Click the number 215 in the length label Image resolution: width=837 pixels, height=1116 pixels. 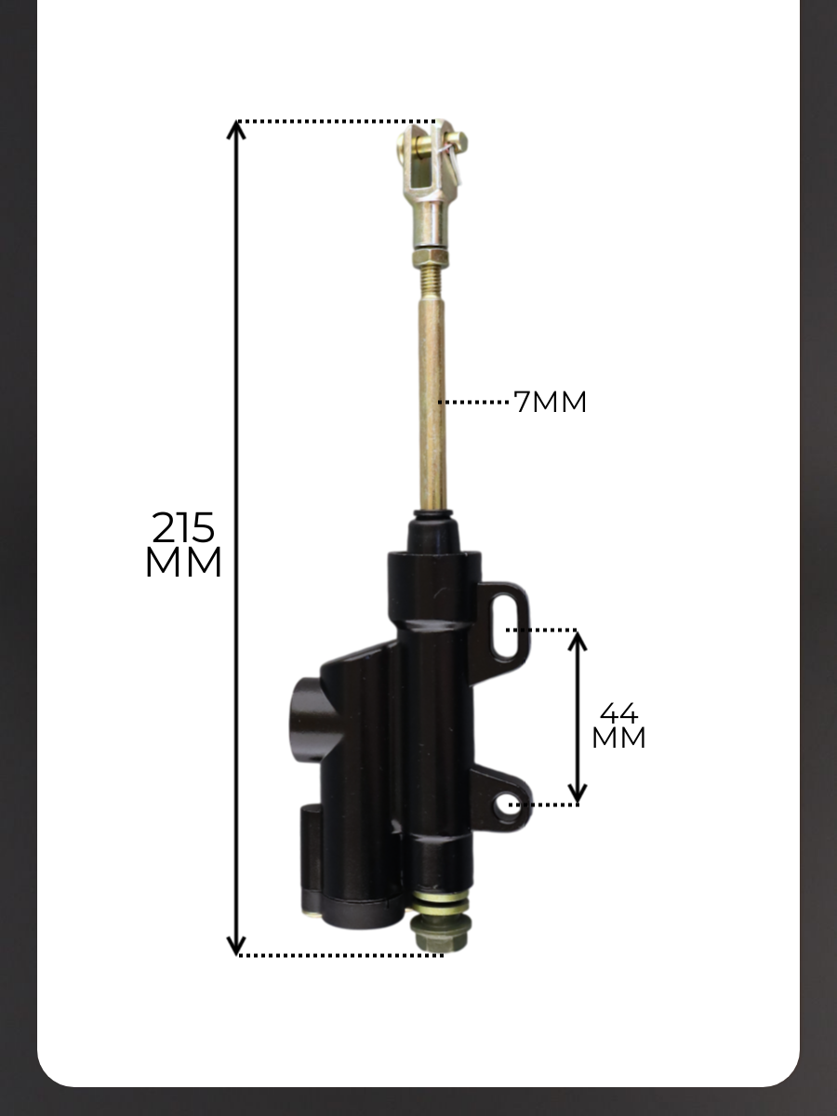pyautogui.click(x=183, y=527)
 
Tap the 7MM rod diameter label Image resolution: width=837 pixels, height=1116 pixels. pyautogui.click(x=550, y=402)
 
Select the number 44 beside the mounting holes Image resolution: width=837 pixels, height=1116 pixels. pyautogui.click(x=618, y=713)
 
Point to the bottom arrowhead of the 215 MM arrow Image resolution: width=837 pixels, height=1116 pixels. pyautogui.click(x=236, y=946)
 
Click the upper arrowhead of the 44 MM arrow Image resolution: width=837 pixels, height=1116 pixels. pyautogui.click(x=577, y=641)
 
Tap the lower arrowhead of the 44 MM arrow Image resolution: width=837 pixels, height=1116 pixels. pyautogui.click(x=577, y=794)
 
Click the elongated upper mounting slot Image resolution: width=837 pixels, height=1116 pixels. pyautogui.click(x=505, y=628)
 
